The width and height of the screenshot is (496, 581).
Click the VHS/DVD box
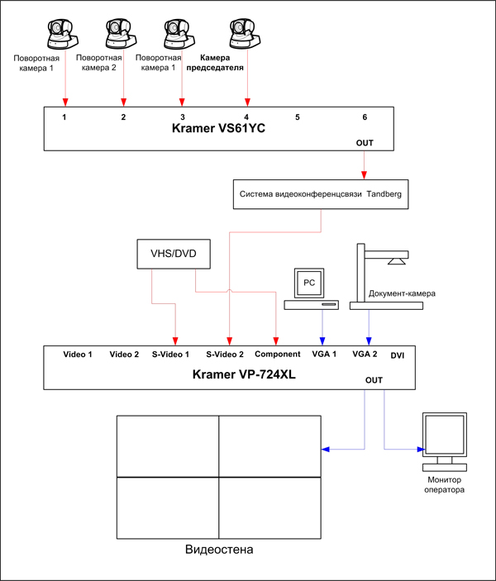click(x=174, y=254)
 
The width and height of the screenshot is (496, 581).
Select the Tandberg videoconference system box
click(x=321, y=194)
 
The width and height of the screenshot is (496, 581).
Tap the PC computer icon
click(x=311, y=289)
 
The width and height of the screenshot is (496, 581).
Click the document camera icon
click(x=386, y=276)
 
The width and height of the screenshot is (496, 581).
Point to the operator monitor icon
click(x=445, y=441)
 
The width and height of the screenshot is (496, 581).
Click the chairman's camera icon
click(x=245, y=33)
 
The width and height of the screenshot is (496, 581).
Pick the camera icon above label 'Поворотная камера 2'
click(x=122, y=33)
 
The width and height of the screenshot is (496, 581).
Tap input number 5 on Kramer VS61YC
click(x=298, y=117)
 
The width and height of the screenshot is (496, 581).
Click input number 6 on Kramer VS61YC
click(x=365, y=117)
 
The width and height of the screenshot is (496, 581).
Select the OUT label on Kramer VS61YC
click(x=365, y=143)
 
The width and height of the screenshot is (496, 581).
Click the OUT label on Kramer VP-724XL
click(x=374, y=380)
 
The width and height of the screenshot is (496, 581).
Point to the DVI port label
click(x=398, y=355)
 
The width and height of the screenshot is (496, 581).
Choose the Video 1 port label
click(x=78, y=355)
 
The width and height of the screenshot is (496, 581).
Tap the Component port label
click(x=277, y=355)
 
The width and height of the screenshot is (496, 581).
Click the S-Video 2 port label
click(x=225, y=355)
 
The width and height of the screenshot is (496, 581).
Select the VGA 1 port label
click(x=324, y=354)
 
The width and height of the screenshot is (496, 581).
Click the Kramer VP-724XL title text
click(x=244, y=374)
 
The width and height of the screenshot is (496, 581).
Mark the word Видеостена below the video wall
click(x=219, y=549)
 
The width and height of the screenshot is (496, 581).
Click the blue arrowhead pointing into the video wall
click(x=325, y=450)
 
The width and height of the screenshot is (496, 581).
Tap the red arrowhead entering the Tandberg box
click(x=364, y=176)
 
